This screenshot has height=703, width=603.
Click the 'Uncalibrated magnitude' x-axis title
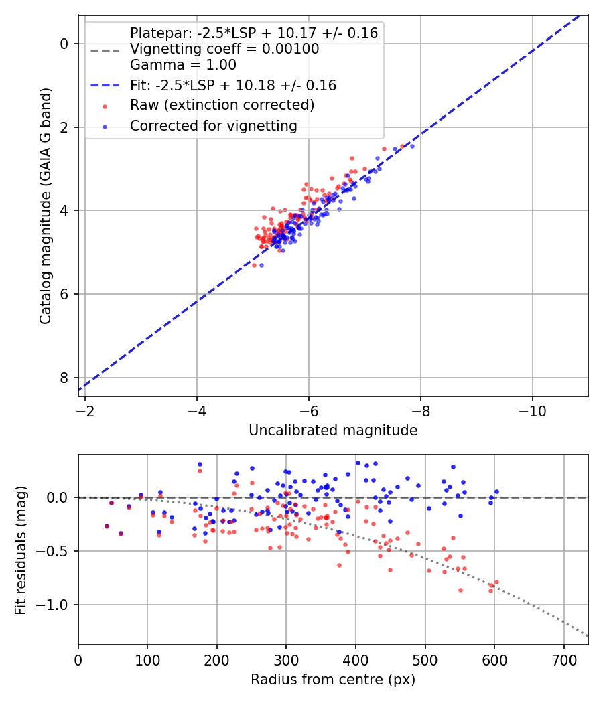coord(333,431)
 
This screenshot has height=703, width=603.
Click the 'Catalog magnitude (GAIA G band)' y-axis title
coord(46,204)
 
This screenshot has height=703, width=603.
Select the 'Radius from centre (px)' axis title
coord(333,680)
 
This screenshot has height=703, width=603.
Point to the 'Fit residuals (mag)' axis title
coord(21,550)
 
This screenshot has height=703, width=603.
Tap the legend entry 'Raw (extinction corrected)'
coord(222,105)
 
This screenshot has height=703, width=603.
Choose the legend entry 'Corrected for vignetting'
coord(213,125)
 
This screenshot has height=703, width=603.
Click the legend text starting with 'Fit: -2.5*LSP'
coord(233,86)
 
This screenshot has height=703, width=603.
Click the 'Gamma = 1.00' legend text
coord(183,65)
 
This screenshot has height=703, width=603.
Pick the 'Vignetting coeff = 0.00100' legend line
coord(224,49)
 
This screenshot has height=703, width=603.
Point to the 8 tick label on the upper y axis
coord(65,378)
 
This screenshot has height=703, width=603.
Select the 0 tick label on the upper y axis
coord(65,44)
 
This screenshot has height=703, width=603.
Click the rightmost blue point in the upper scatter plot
coord(412,146)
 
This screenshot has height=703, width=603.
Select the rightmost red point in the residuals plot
coord(496,582)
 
